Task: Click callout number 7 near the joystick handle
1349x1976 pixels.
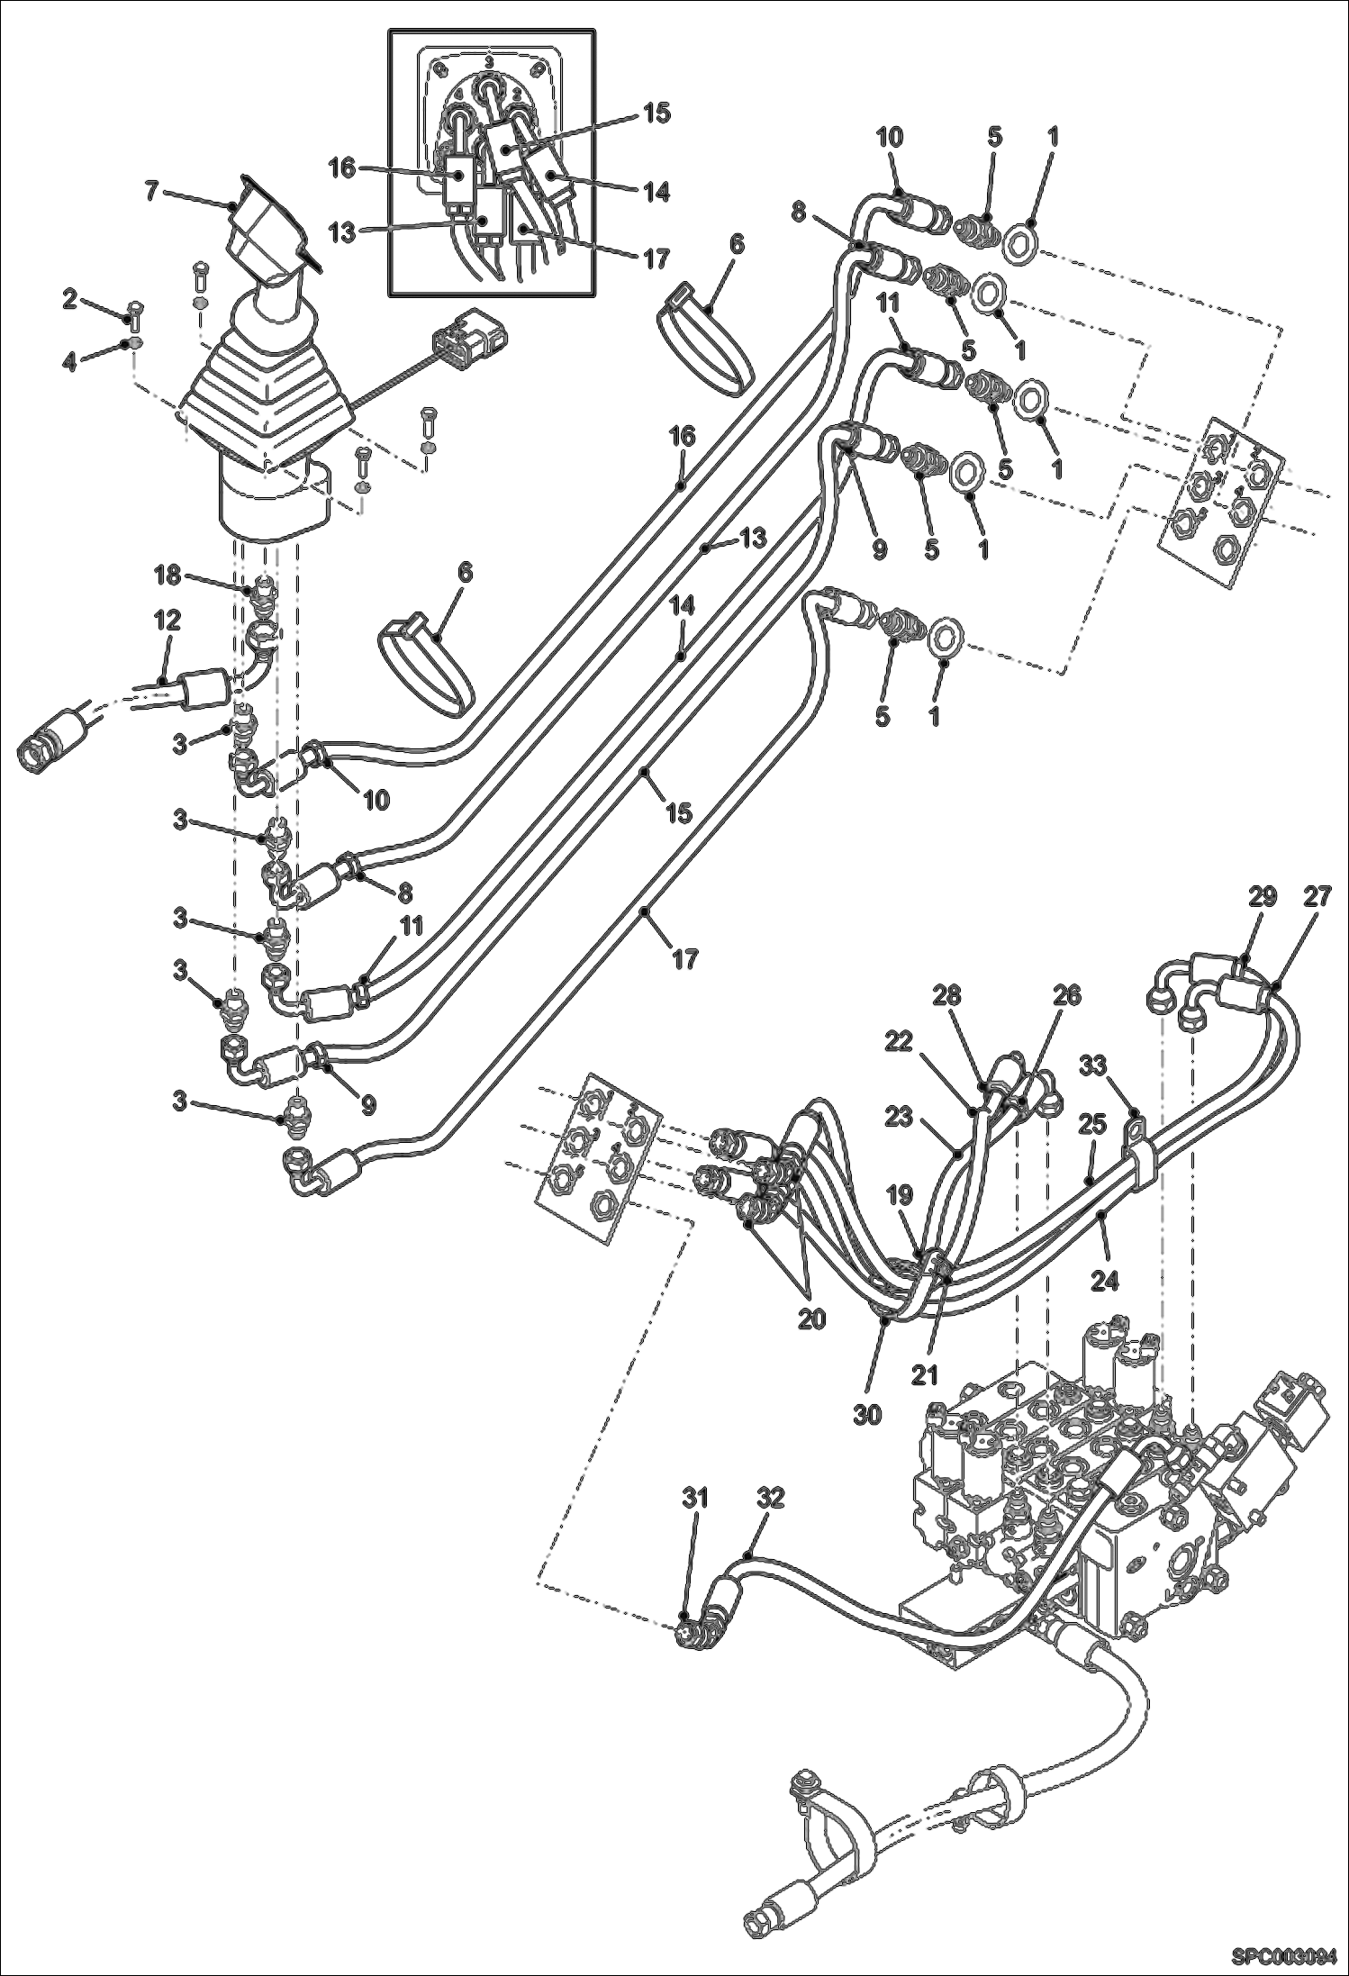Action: pos(152,192)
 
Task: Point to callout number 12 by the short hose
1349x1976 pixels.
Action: pos(167,621)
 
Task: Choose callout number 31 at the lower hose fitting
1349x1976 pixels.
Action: pos(694,1499)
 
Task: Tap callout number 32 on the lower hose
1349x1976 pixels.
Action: pos(771,1499)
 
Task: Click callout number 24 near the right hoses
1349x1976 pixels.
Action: pos(1105,1281)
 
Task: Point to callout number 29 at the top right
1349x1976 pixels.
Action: pos(1263,897)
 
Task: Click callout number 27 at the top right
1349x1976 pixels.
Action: pos(1317,897)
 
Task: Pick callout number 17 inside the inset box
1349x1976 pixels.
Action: pos(657,258)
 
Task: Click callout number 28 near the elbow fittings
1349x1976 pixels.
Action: pos(947,996)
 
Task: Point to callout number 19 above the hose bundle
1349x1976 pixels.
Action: pos(900,1195)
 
